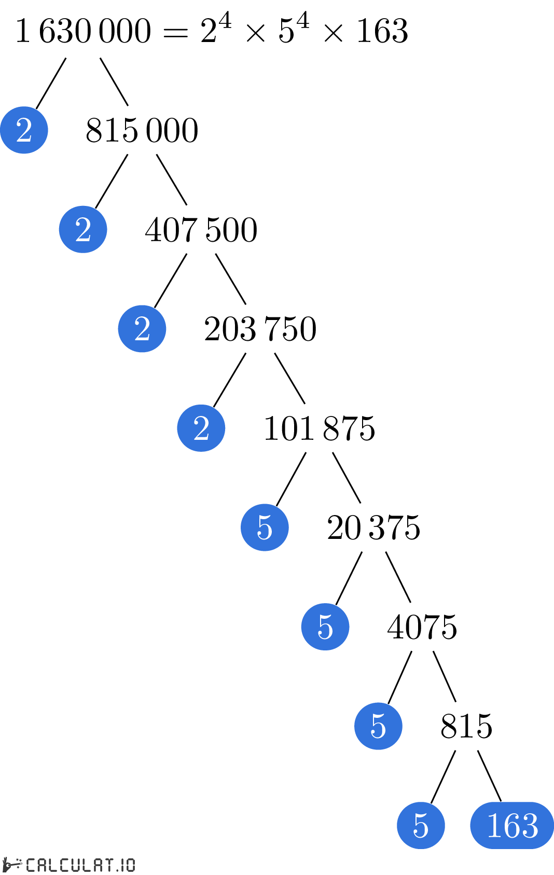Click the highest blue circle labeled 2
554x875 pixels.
click(x=24, y=130)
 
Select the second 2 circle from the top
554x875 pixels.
click(x=83, y=229)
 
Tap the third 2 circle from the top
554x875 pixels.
click(x=142, y=329)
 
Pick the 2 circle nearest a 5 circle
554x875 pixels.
click(x=201, y=428)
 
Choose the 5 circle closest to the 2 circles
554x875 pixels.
click(x=265, y=527)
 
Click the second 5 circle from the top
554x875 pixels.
click(x=325, y=627)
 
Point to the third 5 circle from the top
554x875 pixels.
click(x=378, y=726)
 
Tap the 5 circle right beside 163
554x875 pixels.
click(x=421, y=825)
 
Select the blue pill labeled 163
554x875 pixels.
click(x=512, y=825)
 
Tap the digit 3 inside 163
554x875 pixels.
click(x=530, y=825)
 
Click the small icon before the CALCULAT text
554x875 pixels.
click(x=12, y=864)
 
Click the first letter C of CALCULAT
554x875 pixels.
click(x=31, y=865)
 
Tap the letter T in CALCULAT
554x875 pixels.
click(x=109, y=865)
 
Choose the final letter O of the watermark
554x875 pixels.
click(x=130, y=865)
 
